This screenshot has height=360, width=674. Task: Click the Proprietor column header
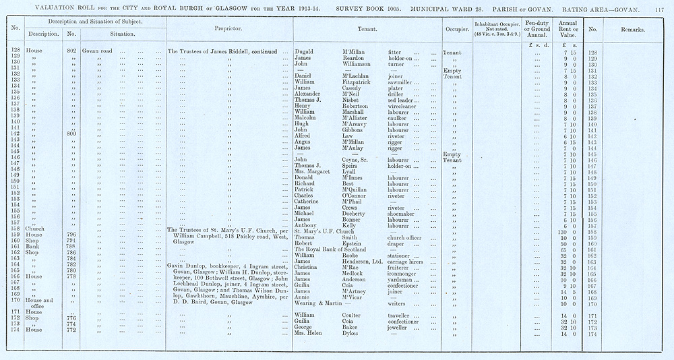(228, 30)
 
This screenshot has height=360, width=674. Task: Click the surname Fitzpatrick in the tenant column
(361, 82)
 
